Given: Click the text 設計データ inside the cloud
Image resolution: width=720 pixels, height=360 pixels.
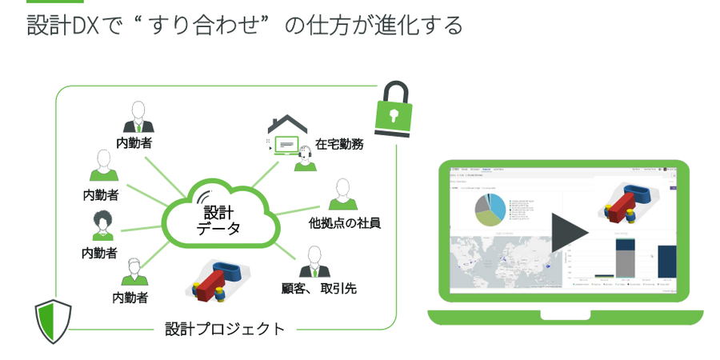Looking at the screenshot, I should [x=217, y=221].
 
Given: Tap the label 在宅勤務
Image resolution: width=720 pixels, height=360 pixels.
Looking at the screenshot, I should [x=340, y=145].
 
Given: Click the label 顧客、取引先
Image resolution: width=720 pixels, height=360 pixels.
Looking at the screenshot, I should [x=318, y=288].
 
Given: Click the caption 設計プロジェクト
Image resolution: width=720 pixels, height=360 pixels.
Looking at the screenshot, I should [x=225, y=328].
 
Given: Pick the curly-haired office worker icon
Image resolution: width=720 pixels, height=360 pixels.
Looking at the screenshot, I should [x=102, y=225].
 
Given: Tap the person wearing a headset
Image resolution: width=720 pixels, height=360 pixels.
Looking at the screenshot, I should [x=304, y=158].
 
